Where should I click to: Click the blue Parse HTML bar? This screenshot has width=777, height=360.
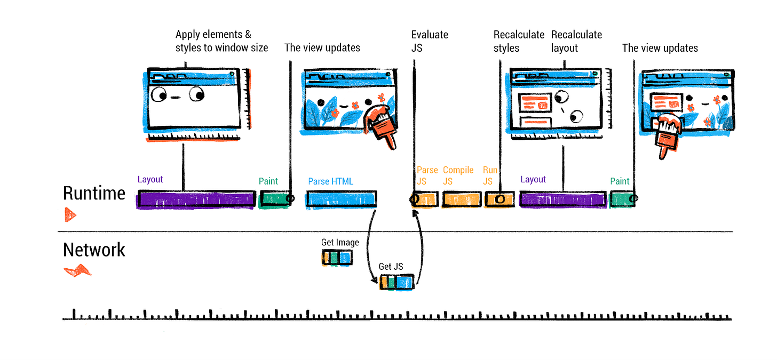(342, 199)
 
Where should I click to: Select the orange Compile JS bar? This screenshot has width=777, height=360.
(461, 199)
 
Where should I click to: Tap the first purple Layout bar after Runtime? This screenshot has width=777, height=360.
(196, 199)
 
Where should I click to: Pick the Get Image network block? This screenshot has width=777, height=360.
(337, 258)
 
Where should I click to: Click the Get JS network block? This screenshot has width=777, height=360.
(397, 282)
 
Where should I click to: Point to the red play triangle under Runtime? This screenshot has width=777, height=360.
(70, 215)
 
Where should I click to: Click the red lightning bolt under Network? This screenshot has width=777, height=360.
(78, 270)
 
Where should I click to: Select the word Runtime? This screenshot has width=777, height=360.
(94, 193)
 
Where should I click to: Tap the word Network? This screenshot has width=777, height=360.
(94, 250)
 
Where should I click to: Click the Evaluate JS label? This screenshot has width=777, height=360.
(430, 41)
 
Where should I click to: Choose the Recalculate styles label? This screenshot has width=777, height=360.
(519, 41)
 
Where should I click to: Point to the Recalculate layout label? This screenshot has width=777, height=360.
(576, 41)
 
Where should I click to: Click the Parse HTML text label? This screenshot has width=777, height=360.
(330, 181)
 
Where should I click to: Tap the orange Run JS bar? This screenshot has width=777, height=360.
(499, 199)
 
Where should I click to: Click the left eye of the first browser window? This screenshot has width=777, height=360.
(158, 94)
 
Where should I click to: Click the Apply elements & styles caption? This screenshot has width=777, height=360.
(221, 41)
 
